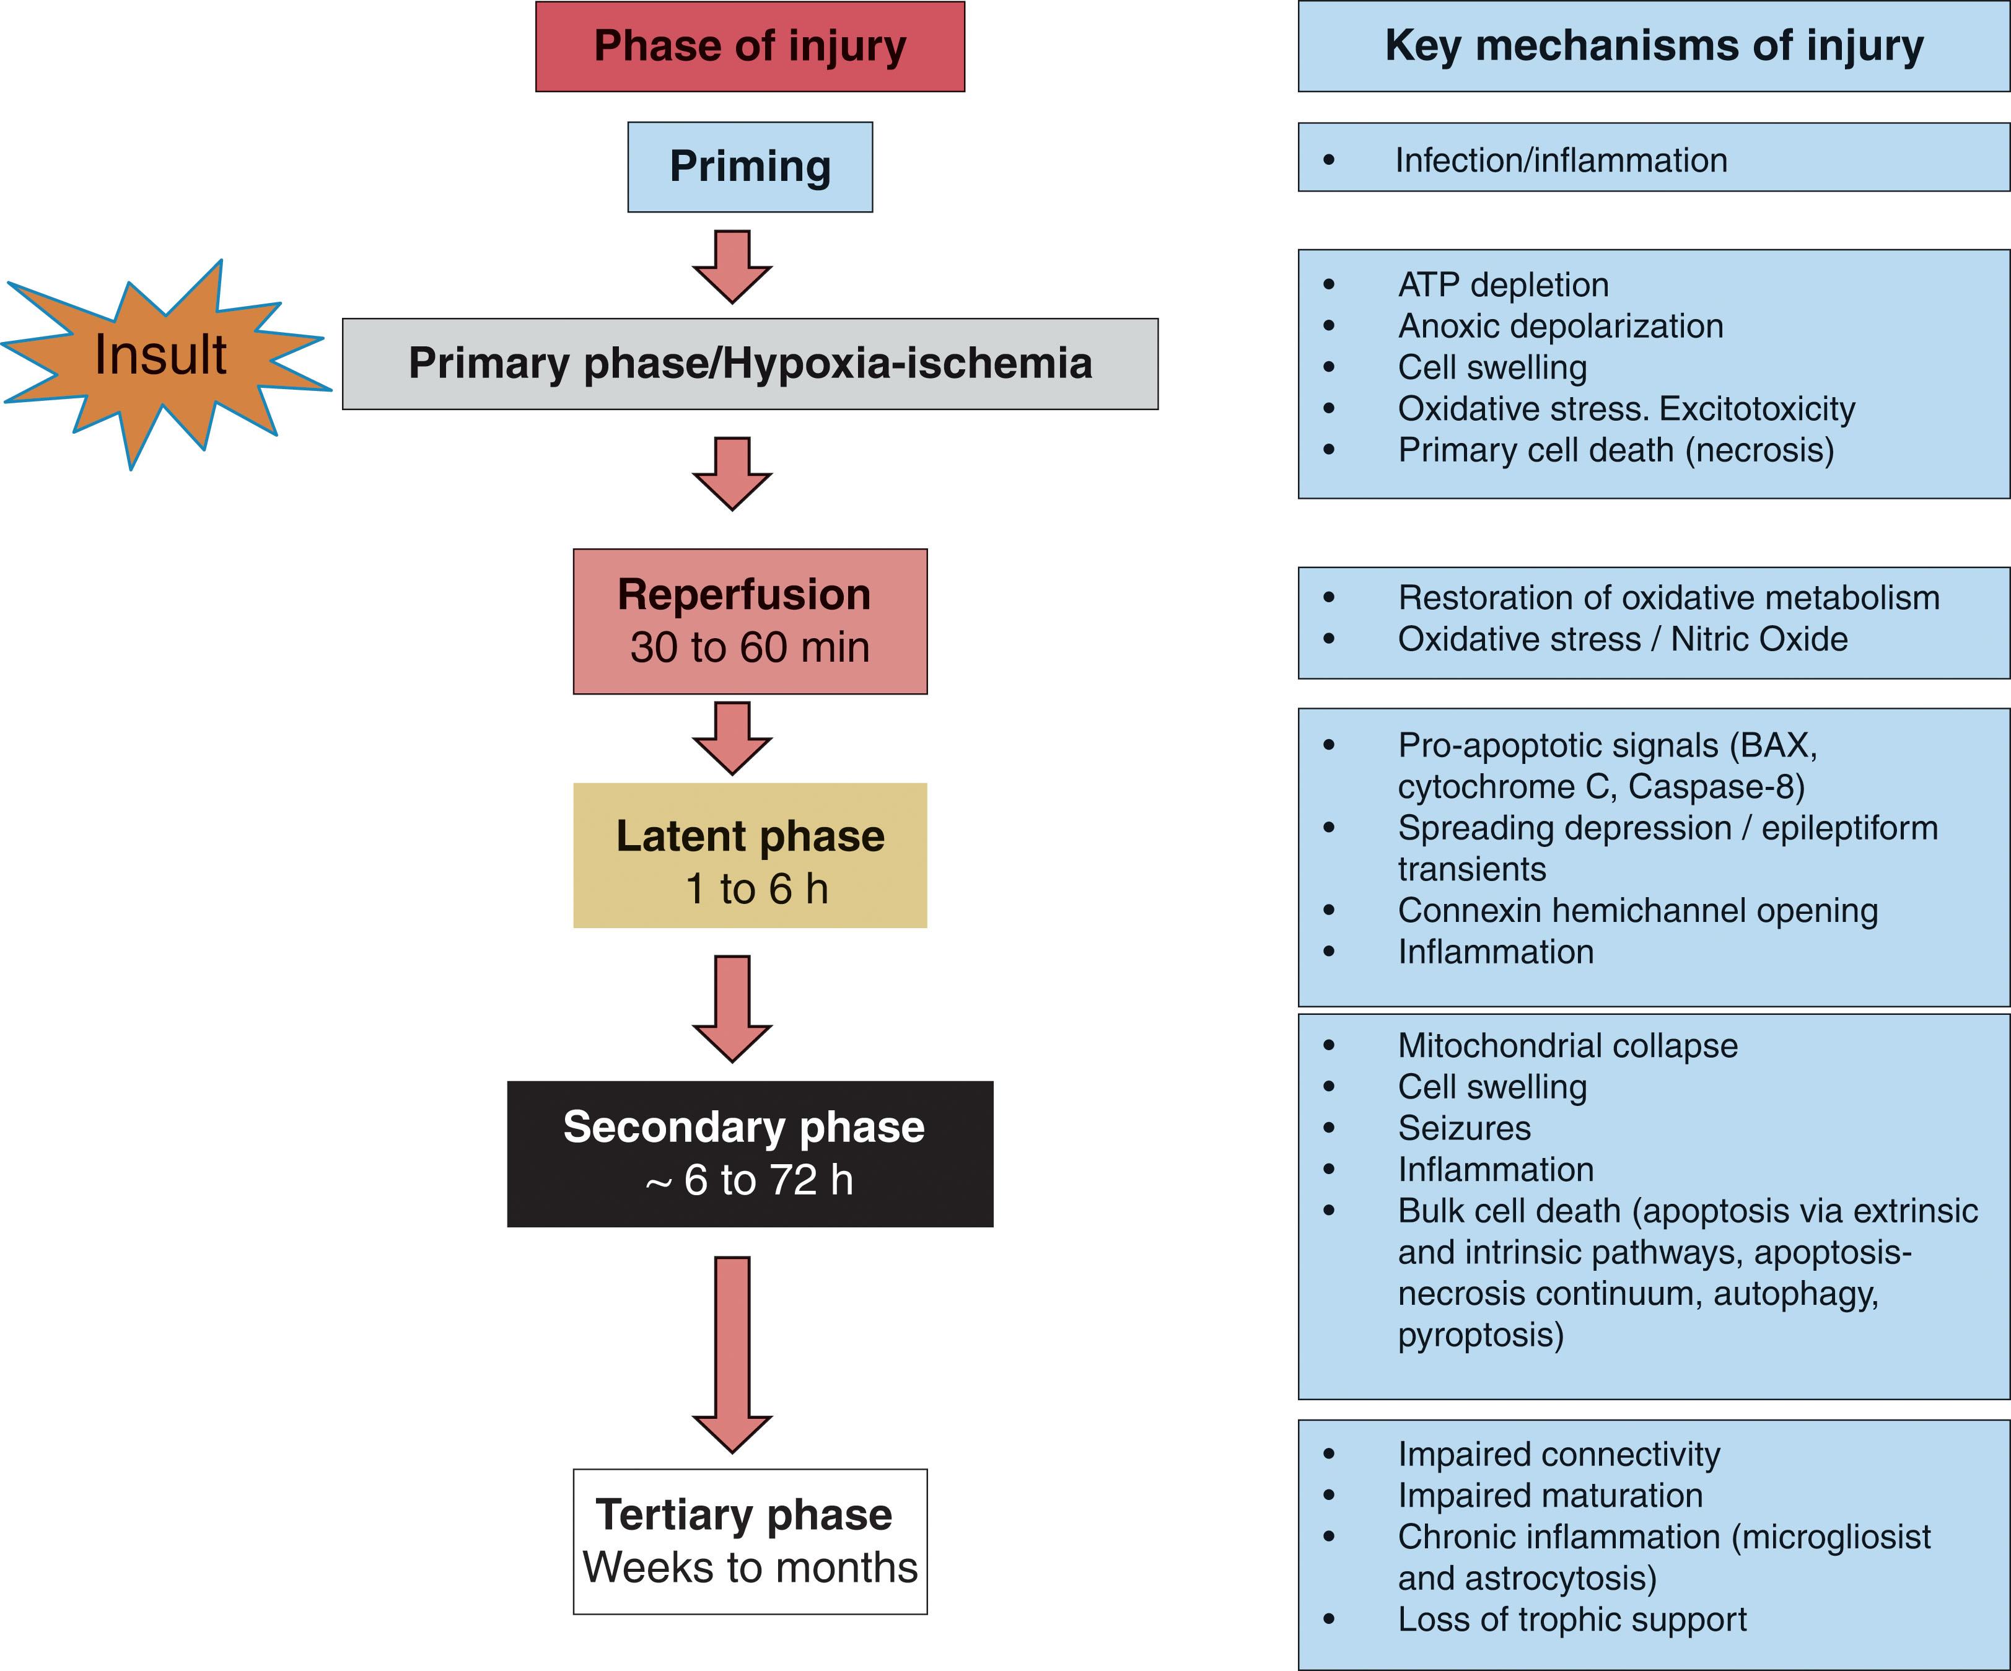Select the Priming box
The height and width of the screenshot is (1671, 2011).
[750, 167]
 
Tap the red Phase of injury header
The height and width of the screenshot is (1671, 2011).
[750, 46]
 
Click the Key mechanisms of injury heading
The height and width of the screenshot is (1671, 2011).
[1654, 46]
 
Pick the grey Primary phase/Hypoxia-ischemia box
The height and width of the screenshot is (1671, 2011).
[750, 364]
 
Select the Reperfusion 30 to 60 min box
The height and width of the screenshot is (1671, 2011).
[750, 621]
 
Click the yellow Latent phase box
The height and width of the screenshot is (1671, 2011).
[750, 855]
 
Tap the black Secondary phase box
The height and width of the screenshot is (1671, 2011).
[750, 1154]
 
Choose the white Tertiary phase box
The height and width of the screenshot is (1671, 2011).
[750, 1541]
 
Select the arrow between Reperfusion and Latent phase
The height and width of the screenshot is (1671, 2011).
[732, 737]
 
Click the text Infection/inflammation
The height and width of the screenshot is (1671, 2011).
[1561, 160]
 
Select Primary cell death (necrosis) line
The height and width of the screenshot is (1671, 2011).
[1616, 450]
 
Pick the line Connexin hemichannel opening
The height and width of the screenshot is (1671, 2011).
[1637, 910]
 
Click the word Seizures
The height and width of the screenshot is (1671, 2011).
[1464, 1128]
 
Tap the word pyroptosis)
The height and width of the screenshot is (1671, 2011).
[1481, 1335]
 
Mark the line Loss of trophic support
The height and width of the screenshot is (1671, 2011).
[1572, 1620]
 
